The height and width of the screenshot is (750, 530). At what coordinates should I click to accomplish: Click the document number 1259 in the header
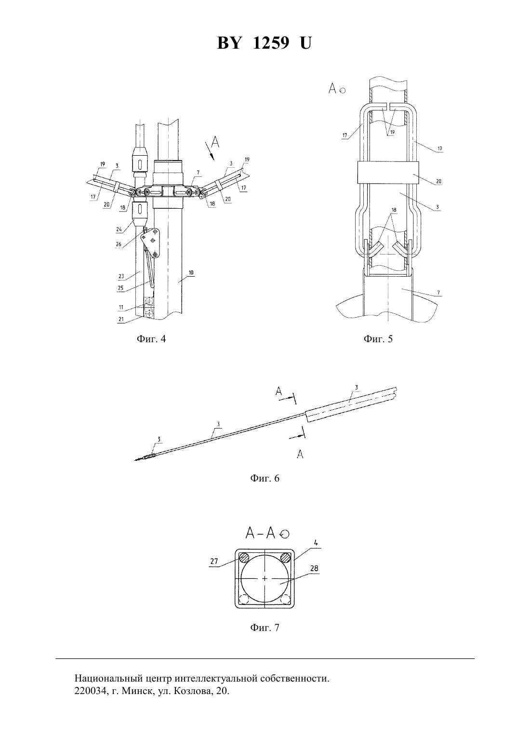click(271, 43)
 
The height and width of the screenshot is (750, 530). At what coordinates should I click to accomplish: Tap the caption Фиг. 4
click(151, 339)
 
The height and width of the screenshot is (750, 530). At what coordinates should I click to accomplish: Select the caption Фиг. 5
click(378, 339)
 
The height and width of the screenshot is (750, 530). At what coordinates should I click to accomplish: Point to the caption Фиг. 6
click(265, 478)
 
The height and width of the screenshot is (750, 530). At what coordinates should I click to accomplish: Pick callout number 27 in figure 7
click(214, 561)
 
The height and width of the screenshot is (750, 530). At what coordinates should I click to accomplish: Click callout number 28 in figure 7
click(314, 568)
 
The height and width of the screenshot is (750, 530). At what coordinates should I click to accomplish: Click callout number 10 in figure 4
click(191, 272)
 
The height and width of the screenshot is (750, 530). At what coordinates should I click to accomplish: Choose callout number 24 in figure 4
click(119, 229)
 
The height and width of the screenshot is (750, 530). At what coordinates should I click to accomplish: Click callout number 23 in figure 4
click(121, 276)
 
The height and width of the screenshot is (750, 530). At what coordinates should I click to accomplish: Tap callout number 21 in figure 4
click(121, 319)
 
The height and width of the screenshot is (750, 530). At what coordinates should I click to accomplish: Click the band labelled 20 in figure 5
click(388, 172)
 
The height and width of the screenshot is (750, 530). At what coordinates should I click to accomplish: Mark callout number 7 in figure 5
click(438, 293)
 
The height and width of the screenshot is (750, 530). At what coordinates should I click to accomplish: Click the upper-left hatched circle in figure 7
click(244, 558)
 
